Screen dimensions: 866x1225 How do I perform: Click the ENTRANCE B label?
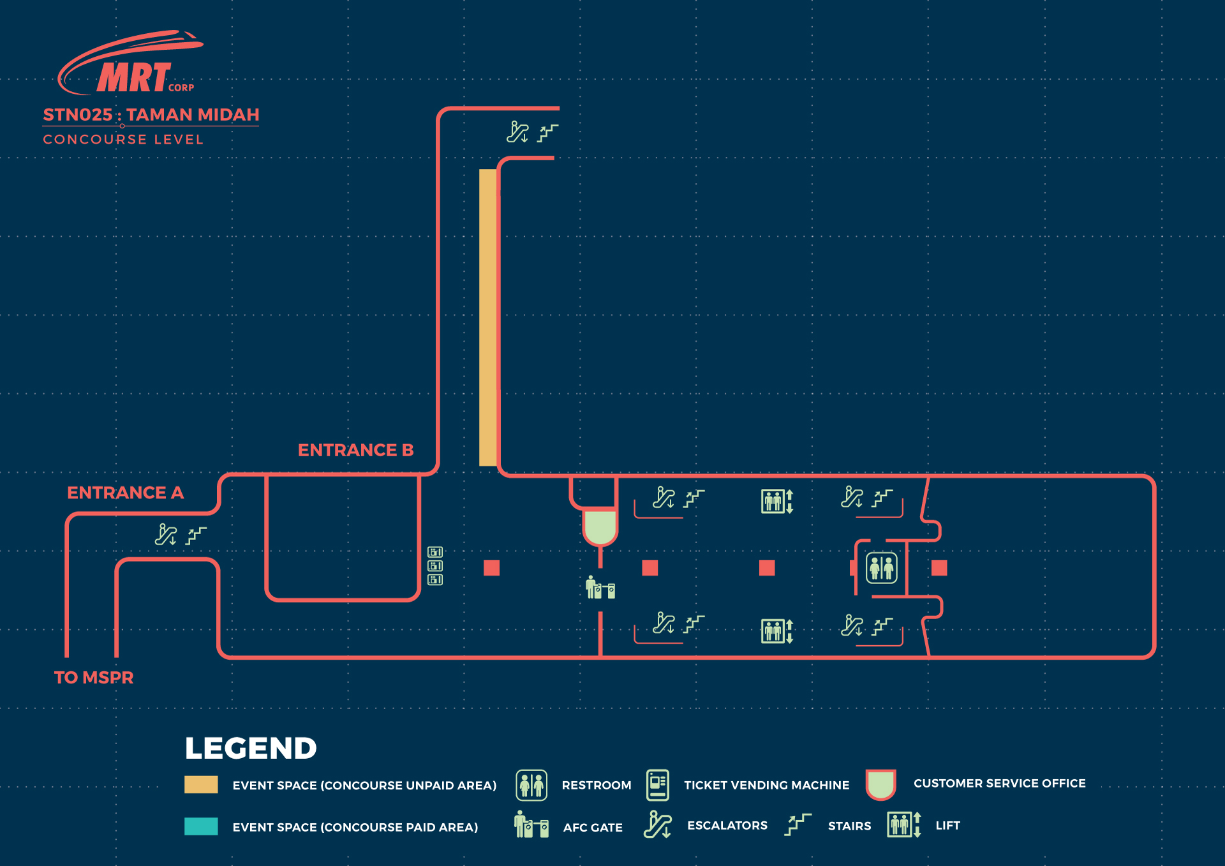(355, 450)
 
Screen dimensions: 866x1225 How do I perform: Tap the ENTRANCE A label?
(125, 493)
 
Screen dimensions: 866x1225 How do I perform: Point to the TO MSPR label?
(94, 677)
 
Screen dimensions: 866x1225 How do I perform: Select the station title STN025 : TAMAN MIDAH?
(151, 115)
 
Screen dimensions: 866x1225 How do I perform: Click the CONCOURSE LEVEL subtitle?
(123, 139)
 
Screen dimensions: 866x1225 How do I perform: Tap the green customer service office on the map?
(600, 526)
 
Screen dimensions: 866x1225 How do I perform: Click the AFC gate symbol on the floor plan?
(600, 587)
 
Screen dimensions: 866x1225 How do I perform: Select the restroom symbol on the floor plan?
(881, 567)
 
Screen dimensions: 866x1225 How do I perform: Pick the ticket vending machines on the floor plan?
(435, 565)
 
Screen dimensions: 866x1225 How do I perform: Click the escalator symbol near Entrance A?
(166, 535)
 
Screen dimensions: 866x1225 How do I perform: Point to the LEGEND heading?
(251, 748)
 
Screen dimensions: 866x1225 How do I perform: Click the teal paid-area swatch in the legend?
(201, 826)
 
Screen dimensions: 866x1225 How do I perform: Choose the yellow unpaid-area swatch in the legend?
(201, 784)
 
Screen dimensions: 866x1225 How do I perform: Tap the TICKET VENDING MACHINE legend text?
(766, 785)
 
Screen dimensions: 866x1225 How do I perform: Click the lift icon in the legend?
(903, 825)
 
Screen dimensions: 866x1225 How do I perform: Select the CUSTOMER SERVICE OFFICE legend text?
(999, 783)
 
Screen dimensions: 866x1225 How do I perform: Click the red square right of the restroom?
(939, 567)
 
